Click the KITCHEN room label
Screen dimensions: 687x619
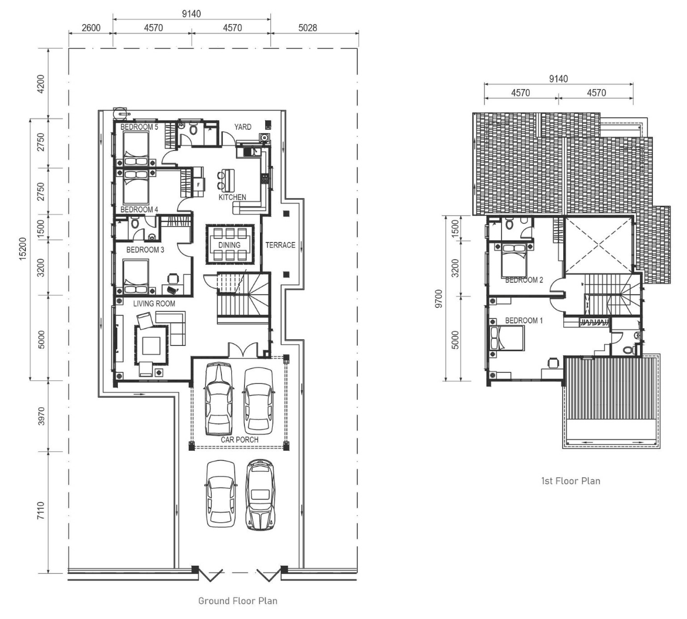[x=232, y=198]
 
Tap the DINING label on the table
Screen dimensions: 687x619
[x=229, y=245]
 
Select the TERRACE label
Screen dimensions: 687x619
[x=280, y=245]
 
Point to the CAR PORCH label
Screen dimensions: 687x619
[x=240, y=440]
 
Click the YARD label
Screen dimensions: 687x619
[x=243, y=127]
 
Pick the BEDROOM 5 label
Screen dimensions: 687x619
[x=139, y=127]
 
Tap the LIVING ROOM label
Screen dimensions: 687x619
[x=154, y=304]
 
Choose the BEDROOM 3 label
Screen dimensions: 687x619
[x=145, y=250]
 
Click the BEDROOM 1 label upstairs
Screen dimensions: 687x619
[x=524, y=321]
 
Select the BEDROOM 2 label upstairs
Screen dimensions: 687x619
[x=524, y=280]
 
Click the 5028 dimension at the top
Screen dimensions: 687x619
[x=307, y=28]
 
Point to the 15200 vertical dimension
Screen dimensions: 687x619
[x=23, y=249]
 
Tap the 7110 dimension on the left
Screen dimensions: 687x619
[x=40, y=511]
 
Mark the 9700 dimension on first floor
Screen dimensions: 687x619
[x=439, y=298]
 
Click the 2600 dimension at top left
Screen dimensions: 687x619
[x=91, y=28]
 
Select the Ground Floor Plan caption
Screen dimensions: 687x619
[x=238, y=601]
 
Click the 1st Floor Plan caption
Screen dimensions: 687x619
[x=571, y=481]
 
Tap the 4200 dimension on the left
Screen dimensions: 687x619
[x=40, y=84]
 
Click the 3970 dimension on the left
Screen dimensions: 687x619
[x=40, y=416]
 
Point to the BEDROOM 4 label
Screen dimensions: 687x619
[x=139, y=210]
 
